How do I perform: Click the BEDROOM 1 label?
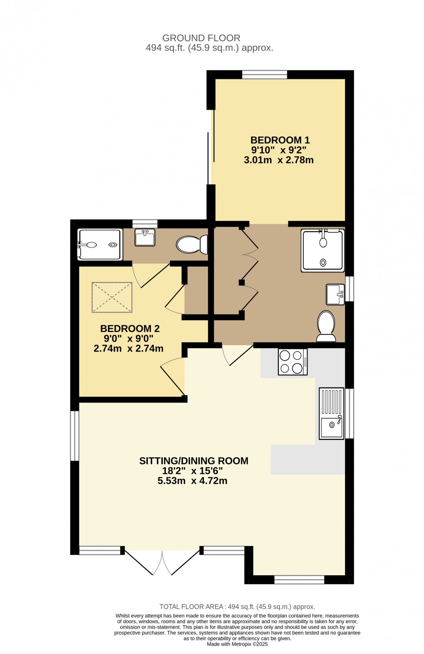[279, 140]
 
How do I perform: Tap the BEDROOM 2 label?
[130, 329]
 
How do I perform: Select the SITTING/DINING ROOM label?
[194, 461]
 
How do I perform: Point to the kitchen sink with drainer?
[331, 413]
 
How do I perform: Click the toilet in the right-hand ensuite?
[326, 326]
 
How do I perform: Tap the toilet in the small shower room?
[192, 244]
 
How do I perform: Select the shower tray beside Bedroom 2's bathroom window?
[100, 244]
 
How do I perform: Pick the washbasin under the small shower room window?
[145, 237]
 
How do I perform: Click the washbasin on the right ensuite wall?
[335, 294]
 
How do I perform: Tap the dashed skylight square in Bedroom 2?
[112, 297]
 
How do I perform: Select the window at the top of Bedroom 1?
[265, 75]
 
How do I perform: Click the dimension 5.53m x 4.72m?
[192, 481]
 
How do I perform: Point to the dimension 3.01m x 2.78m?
[279, 160]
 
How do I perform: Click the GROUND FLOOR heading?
[201, 38]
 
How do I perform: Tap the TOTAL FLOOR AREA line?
[237, 607]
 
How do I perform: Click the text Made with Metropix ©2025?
[237, 644]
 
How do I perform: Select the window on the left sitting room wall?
[74, 436]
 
